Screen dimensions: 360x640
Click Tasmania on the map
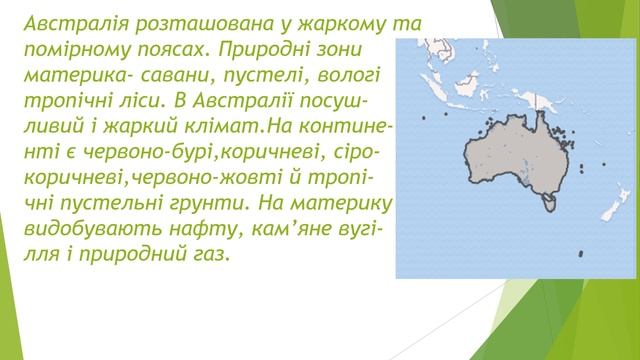click(x=547, y=206)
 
